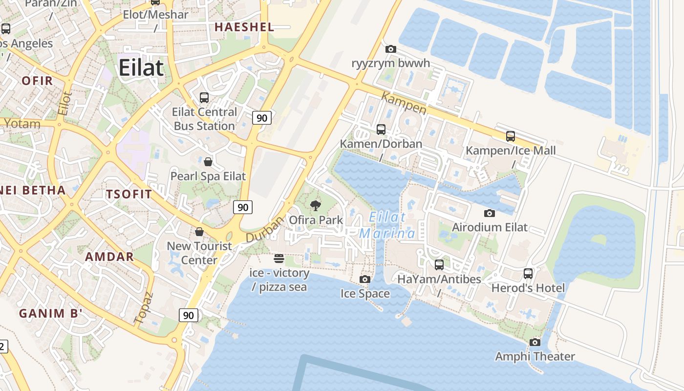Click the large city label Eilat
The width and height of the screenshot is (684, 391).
tap(141, 67)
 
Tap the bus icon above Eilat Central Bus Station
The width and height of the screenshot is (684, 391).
tap(204, 98)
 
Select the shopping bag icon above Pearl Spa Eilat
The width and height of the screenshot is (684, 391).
tap(208, 162)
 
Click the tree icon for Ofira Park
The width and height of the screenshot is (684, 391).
tap(316, 206)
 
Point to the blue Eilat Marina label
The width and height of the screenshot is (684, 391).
tap(387, 225)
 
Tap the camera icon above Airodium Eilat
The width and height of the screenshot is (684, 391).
tap(489, 213)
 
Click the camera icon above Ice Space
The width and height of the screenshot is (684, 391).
tap(364, 279)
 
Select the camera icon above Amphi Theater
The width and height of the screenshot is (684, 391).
tap(535, 342)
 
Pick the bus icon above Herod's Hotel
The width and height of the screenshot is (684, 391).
tap(528, 274)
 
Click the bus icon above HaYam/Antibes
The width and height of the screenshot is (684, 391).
tap(439, 265)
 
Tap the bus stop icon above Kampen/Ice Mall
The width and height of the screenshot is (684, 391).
tap(511, 136)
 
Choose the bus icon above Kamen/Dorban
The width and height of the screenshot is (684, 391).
tap(381, 130)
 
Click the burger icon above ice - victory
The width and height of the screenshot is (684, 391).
tap(279, 258)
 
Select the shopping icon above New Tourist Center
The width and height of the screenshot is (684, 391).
tap(199, 231)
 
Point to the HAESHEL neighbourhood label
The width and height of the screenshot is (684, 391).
tap(244, 27)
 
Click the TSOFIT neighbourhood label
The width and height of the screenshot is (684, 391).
tap(129, 194)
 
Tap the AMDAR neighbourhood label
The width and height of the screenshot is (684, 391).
tap(109, 257)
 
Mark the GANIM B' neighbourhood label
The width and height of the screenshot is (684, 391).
tap(50, 313)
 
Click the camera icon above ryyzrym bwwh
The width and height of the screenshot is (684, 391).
tap(390, 49)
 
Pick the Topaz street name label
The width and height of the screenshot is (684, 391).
tap(144, 308)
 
